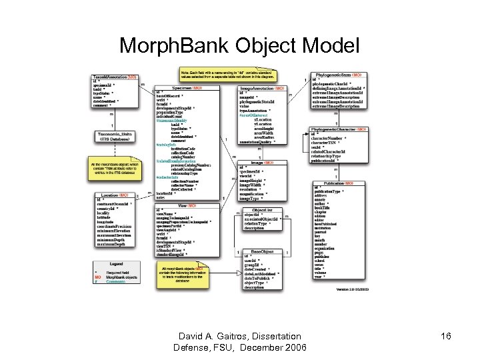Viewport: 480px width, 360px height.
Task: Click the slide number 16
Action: [x=445, y=337]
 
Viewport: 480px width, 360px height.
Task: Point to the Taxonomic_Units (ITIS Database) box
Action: [x=115, y=137]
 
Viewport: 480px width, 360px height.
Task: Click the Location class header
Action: [x=115, y=195]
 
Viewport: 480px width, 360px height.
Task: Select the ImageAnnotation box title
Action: [x=262, y=89]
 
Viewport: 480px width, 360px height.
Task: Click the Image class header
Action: [x=262, y=162]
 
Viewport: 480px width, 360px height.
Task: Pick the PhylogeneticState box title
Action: [x=337, y=75]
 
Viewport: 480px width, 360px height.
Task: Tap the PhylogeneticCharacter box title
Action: [x=337, y=129]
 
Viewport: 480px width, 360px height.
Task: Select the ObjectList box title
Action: [x=262, y=210]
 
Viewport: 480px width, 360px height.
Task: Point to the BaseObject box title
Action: [x=262, y=252]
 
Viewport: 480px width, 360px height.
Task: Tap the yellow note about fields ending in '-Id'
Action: [x=228, y=74]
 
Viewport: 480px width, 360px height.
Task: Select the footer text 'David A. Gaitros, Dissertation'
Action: [x=239, y=337]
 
